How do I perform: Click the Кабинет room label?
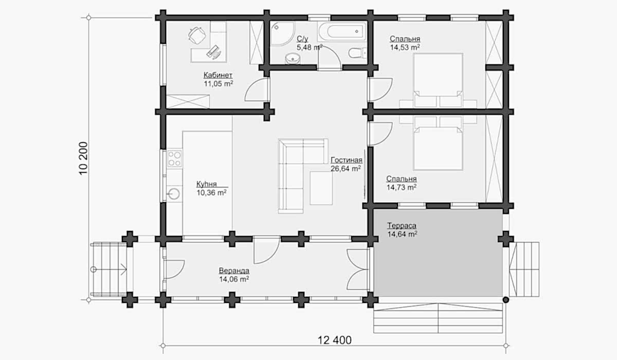point(218,75)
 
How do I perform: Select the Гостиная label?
point(346,160)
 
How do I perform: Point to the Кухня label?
point(207,184)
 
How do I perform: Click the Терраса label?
point(402,226)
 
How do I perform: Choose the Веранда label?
point(234,271)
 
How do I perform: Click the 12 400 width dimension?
point(335,340)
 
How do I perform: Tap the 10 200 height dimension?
point(83,158)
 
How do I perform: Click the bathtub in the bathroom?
point(342,31)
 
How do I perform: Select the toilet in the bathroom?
point(357,53)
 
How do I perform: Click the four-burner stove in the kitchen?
point(175,158)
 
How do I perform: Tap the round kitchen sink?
point(174,194)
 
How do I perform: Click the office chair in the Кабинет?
point(197,34)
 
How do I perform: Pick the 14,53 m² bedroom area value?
point(405,47)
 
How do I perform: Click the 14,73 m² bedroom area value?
point(402,187)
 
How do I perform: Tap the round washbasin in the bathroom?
point(293,59)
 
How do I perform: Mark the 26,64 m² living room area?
point(346,169)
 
